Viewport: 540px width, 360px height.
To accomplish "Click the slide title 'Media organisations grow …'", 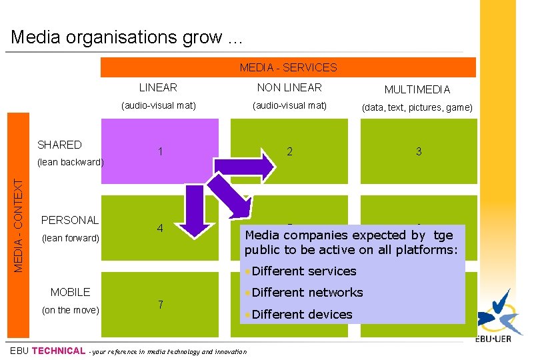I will pos(127,37).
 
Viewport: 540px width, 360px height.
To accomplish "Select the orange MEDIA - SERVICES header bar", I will pos(288,67).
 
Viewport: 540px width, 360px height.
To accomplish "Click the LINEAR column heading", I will pos(158,87).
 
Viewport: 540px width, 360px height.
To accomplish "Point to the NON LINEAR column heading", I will pos(289,87).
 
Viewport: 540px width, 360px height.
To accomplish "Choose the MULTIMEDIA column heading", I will pos(417,89).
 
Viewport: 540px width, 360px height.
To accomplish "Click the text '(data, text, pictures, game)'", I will pos(417,107).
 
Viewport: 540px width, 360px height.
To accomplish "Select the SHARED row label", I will pos(59,145).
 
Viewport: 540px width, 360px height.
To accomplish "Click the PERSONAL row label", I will pos(69,220).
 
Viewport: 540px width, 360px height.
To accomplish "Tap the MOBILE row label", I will pos(70,292).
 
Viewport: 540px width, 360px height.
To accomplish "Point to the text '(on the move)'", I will pos(70,309).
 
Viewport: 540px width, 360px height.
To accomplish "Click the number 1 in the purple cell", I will pos(160,152).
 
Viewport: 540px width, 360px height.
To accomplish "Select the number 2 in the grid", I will pos(289,151).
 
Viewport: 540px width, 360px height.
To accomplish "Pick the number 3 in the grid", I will pos(419,151).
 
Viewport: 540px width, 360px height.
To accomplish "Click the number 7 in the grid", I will pos(160,305).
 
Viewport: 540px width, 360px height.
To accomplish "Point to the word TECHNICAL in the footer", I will pos(59,351).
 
